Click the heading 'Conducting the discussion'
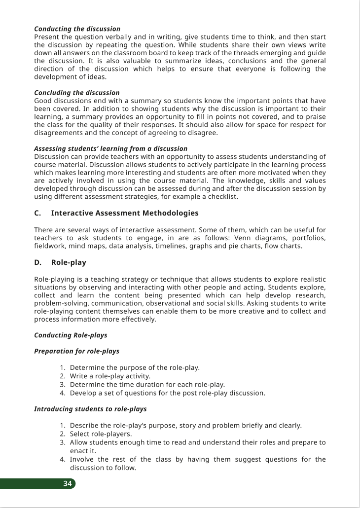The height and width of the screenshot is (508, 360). pos(77,29)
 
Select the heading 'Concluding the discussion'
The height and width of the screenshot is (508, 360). pos(76,93)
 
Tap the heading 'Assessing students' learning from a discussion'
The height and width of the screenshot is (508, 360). pos(110,148)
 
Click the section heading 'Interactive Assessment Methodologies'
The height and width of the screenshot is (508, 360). pos(125,213)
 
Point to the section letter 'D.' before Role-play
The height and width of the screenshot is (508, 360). pos(37,263)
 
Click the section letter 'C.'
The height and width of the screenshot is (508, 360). pos(37,213)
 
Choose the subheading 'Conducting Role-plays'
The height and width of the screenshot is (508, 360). pos(71,335)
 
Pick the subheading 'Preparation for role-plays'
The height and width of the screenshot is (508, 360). pos(76,352)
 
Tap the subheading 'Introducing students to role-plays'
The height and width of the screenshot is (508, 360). pos(90,409)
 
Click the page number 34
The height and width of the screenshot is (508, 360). pos(68,484)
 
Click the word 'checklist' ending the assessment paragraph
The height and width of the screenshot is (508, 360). pos(221,197)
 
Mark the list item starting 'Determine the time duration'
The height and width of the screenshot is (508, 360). pos(147,385)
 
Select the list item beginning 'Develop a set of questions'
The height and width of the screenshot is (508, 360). pos(167,393)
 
